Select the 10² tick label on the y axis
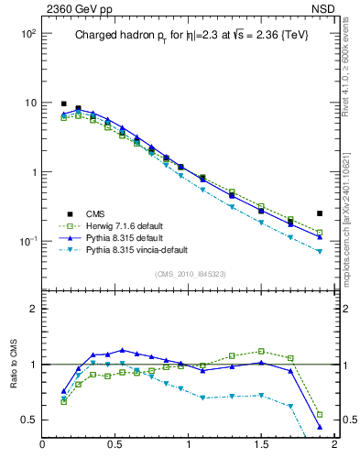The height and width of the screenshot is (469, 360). (27, 34)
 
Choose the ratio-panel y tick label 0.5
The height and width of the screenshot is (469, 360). (28, 420)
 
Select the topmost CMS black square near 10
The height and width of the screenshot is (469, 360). (63, 104)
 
